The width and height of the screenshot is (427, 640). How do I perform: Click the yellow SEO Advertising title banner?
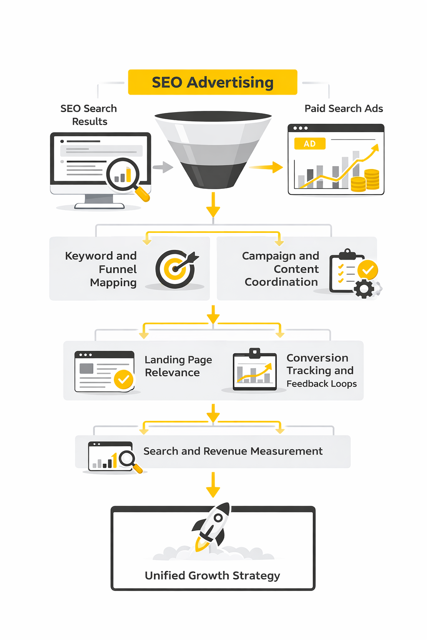(x=213, y=82)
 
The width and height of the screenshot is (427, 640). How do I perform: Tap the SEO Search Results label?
(x=89, y=115)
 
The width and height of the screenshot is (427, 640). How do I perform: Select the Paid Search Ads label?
(x=344, y=109)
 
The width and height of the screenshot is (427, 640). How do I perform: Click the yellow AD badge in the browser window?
(x=309, y=144)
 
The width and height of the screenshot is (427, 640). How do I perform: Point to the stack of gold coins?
(x=365, y=181)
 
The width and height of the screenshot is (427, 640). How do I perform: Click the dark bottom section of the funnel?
(x=213, y=175)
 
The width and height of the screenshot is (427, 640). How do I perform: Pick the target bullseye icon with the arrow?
(x=176, y=269)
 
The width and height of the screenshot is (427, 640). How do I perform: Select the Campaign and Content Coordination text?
(x=281, y=269)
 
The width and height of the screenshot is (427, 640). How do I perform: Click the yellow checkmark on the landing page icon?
(x=123, y=379)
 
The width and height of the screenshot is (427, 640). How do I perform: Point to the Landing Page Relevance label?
(x=178, y=366)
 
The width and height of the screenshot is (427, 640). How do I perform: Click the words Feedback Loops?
(x=322, y=384)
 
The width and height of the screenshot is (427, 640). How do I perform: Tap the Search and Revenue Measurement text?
(x=233, y=451)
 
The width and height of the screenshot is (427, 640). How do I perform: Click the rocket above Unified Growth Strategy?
(x=211, y=526)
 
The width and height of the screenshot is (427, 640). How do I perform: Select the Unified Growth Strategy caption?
(x=212, y=575)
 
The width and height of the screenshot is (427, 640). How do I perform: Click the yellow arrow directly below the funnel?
(x=213, y=205)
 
